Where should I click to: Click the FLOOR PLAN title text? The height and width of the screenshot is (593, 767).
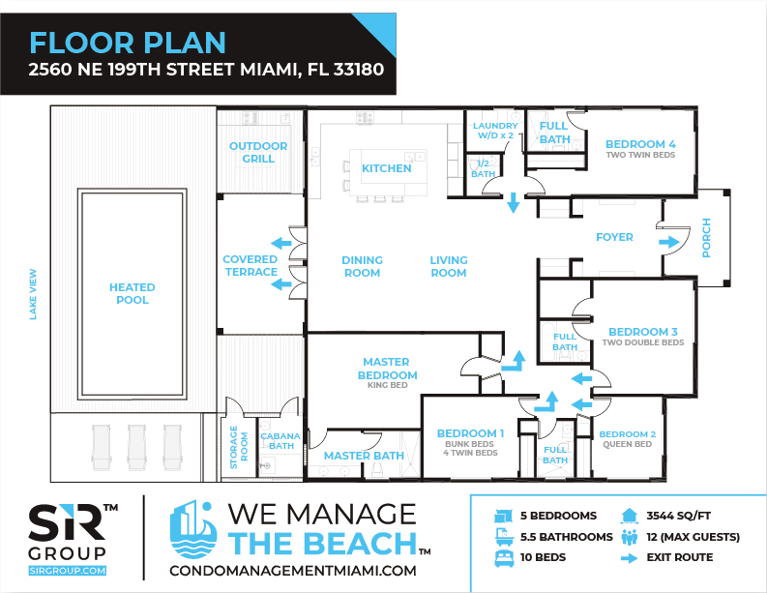pyautogui.click(x=127, y=44)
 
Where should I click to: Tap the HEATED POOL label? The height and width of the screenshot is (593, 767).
pyautogui.click(x=133, y=293)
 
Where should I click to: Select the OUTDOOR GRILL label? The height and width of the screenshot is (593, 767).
pyautogui.click(x=258, y=152)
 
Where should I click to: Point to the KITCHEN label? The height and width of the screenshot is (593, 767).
pyautogui.click(x=387, y=168)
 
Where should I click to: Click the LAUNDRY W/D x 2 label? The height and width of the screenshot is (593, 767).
pyautogui.click(x=495, y=131)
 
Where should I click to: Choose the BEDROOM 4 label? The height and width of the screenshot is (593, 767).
pyautogui.click(x=640, y=144)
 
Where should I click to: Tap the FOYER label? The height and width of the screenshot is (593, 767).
pyautogui.click(x=614, y=237)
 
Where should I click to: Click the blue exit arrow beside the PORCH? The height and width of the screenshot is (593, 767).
pyautogui.click(x=668, y=242)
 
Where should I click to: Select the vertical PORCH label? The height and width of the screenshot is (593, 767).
pyautogui.click(x=706, y=238)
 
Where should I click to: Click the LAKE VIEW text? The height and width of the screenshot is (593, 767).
pyautogui.click(x=33, y=294)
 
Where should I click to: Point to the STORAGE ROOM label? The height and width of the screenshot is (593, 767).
pyautogui.click(x=239, y=447)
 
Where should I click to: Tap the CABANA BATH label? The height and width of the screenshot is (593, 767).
pyautogui.click(x=280, y=441)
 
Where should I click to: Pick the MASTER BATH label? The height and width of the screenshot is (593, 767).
pyautogui.click(x=364, y=456)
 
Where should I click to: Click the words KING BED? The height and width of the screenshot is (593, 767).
pyautogui.click(x=388, y=385)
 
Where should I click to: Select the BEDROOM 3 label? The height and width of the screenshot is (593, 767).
pyautogui.click(x=643, y=332)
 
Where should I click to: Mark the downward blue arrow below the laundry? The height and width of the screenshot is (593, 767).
pyautogui.click(x=514, y=202)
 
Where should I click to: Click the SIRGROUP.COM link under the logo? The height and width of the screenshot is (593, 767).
pyautogui.click(x=68, y=571)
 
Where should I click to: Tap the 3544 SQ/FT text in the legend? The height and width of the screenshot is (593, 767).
pyautogui.click(x=678, y=516)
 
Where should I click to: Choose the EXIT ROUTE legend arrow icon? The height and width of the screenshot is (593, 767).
pyautogui.click(x=629, y=558)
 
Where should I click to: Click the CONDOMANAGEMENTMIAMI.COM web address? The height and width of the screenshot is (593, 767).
pyautogui.click(x=293, y=571)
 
